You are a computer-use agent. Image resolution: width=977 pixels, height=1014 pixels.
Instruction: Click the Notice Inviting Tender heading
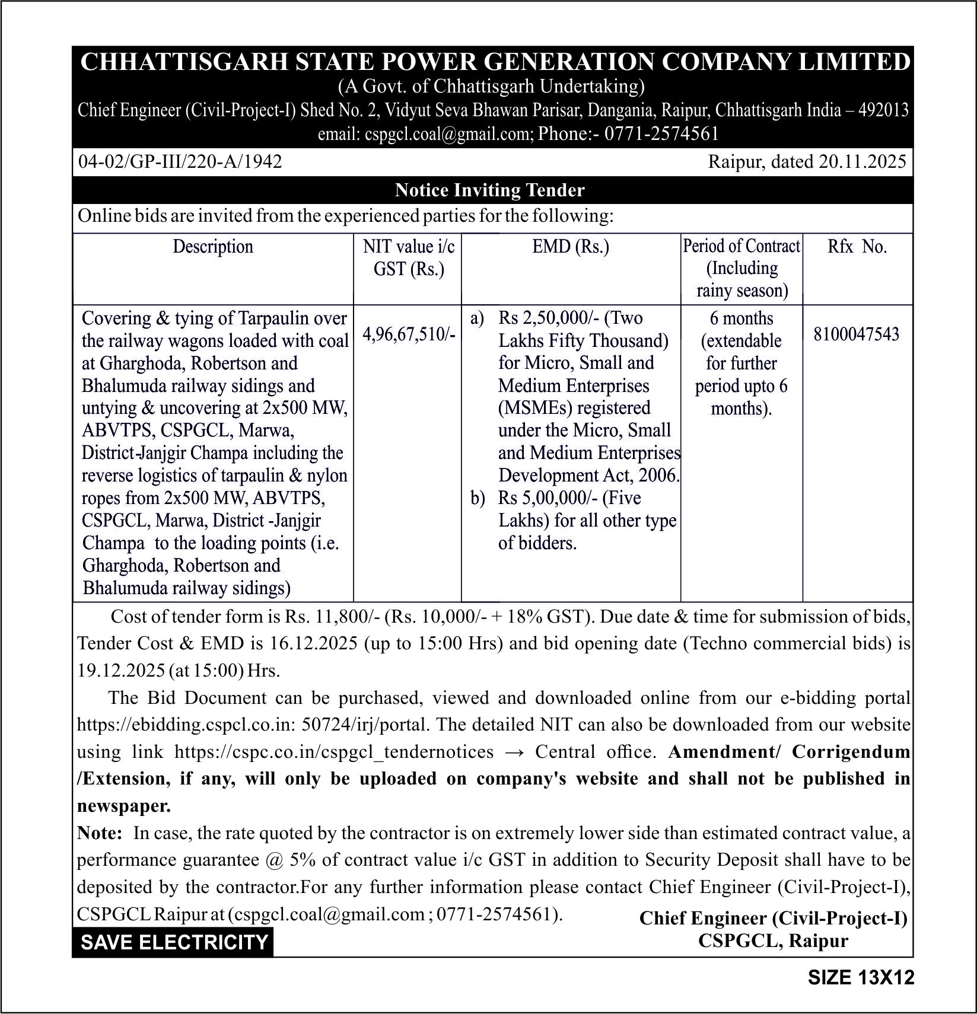coord(489,190)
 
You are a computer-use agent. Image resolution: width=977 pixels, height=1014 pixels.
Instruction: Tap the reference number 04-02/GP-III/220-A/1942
coord(180,161)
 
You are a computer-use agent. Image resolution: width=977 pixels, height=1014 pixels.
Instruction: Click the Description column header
coord(212,247)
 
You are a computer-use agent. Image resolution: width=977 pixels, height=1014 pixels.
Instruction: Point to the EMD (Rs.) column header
coord(570,247)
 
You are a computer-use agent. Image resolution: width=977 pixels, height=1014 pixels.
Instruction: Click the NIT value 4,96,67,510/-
coord(409,334)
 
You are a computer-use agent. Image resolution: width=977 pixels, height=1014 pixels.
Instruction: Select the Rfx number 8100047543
coord(856,334)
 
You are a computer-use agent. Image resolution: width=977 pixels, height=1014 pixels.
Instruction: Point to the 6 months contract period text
coord(741,318)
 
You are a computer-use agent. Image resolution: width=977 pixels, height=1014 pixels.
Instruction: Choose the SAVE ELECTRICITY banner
coord(174,942)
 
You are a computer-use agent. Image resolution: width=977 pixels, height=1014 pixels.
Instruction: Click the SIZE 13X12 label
coord(861,977)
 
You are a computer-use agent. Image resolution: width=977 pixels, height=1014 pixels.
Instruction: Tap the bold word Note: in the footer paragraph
coord(99,833)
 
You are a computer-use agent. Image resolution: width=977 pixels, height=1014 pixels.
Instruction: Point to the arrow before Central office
coord(514,752)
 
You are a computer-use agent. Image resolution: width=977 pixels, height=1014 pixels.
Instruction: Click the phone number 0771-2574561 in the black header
coord(661,133)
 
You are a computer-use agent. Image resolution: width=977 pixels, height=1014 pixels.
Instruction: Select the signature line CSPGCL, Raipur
coord(773,940)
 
